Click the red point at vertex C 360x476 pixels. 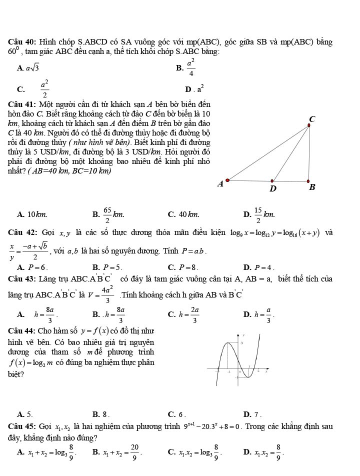click(x=308, y=125)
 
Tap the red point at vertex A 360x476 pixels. click(x=227, y=180)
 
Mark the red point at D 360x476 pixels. click(x=272, y=181)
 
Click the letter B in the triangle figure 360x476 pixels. click(x=312, y=188)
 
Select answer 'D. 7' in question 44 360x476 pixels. click(x=250, y=414)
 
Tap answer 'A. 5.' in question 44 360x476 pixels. click(x=25, y=414)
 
